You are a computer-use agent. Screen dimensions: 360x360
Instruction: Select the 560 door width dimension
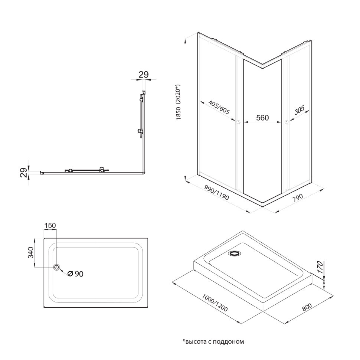[x=262, y=118]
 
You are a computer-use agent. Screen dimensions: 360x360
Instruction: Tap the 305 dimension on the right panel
[x=299, y=111]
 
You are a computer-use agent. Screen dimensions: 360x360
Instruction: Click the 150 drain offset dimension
[x=50, y=226]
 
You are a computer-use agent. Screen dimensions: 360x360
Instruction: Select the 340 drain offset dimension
[x=30, y=252]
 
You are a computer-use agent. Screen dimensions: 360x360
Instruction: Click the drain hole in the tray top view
[x=57, y=267]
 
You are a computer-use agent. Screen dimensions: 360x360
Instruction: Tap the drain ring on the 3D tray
[x=235, y=254]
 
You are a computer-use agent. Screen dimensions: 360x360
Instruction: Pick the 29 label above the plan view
[x=143, y=74]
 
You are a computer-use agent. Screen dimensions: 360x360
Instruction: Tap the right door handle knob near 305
[x=286, y=122]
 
